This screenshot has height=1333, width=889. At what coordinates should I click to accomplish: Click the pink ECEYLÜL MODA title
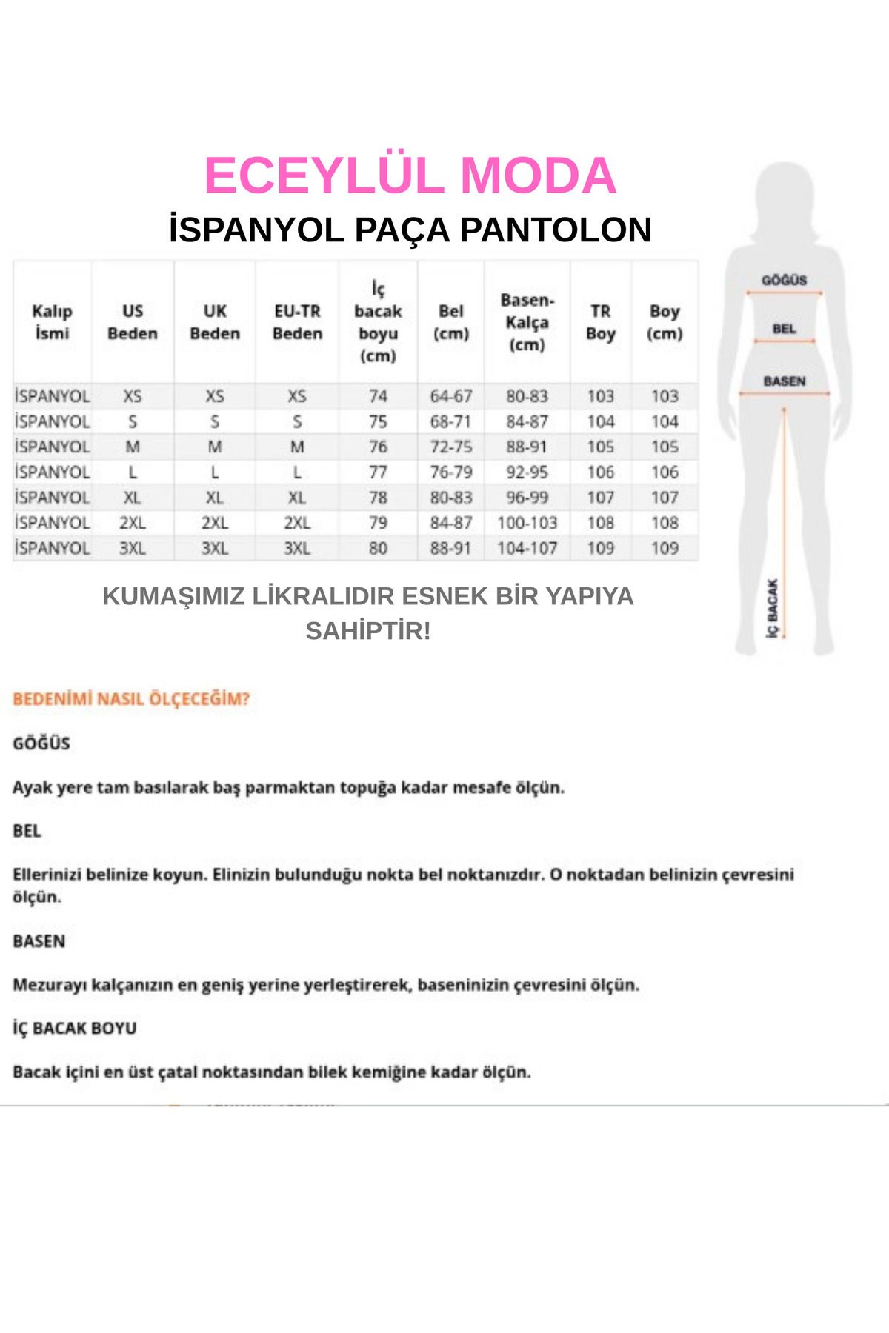coord(410,176)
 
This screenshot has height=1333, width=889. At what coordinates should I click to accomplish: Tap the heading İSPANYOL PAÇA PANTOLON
coord(410,230)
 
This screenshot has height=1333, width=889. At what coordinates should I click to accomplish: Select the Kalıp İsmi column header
coord(52,322)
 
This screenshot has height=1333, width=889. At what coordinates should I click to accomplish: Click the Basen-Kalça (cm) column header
coord(527,322)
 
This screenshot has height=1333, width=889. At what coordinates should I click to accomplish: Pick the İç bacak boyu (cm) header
coord(378,322)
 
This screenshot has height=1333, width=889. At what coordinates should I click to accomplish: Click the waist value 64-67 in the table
coord(450,396)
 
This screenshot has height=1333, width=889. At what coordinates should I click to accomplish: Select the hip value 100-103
coord(527,523)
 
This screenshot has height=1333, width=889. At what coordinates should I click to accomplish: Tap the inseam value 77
coord(378,472)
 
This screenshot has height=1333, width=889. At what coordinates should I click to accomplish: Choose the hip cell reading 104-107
coord(527,548)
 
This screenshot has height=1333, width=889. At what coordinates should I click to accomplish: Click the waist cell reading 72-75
coord(450,447)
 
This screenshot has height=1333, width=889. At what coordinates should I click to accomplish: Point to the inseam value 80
coord(378,548)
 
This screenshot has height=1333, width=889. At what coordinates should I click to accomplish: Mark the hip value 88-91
coord(527,447)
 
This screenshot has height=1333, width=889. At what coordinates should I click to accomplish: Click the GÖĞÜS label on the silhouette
coord(784,280)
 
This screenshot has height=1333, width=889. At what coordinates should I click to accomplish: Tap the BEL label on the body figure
coord(784,329)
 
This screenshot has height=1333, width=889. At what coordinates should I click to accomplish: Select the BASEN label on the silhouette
coord(784,381)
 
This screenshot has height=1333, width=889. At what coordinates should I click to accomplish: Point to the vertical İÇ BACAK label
coord(773,608)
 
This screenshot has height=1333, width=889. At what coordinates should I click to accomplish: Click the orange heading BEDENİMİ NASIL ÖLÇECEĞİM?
coord(131,699)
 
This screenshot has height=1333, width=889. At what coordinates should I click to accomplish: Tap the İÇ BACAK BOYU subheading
coord(75,1028)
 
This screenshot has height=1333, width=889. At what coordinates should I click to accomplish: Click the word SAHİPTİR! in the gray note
coord(368,631)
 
